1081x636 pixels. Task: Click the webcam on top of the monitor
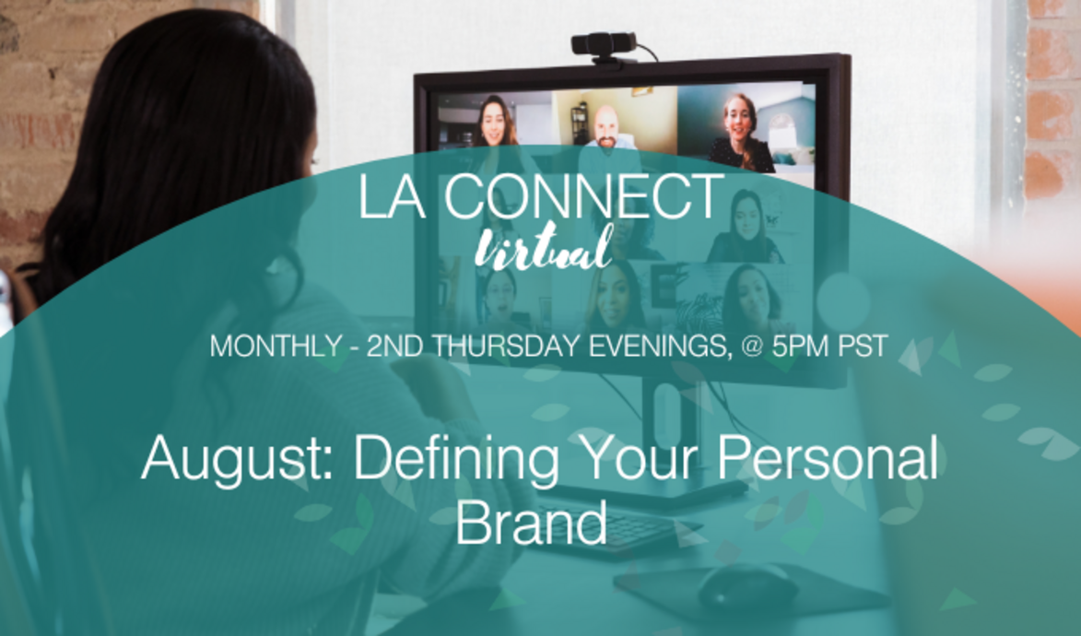pos(604,43)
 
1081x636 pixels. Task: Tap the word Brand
pos(532,522)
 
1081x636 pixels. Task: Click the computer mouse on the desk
pos(746,585)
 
